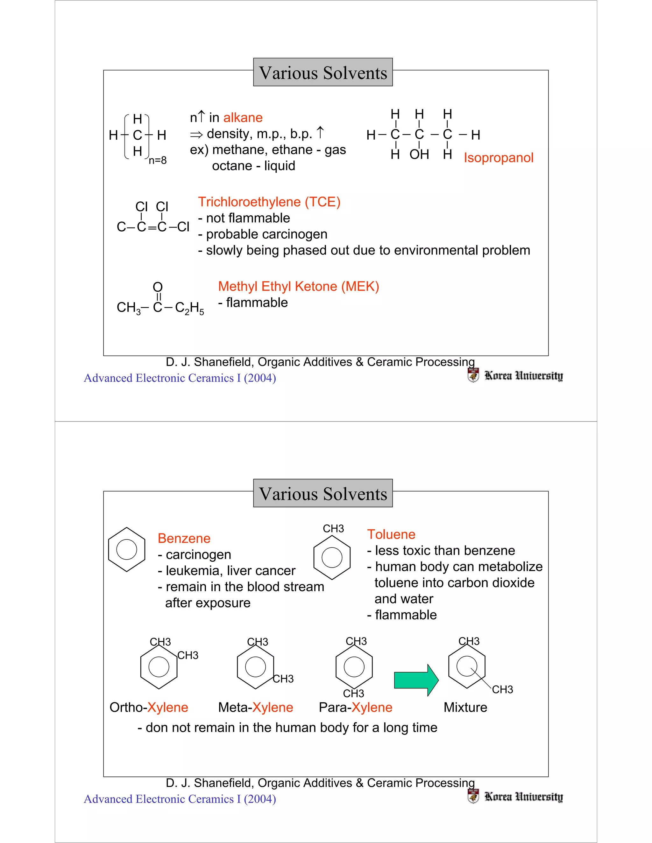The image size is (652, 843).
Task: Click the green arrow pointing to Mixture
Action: [x=415, y=680]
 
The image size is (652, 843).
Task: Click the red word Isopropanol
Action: [x=498, y=157]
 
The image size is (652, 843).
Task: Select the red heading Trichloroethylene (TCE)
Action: [x=269, y=202]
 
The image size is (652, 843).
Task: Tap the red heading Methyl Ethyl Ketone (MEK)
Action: [x=299, y=286]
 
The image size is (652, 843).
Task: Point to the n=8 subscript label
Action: [x=158, y=160]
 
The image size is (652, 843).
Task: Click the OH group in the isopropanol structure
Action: [x=419, y=154]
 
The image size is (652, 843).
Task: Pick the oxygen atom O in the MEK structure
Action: [x=158, y=287]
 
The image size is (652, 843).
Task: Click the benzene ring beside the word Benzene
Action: [x=127, y=549]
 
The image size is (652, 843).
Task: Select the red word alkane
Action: [x=243, y=117]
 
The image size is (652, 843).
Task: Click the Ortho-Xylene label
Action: [x=149, y=707]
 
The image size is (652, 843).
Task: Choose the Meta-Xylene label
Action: [x=255, y=707]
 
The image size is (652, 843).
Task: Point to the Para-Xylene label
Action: [x=355, y=707]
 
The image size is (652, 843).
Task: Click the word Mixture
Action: [x=465, y=707]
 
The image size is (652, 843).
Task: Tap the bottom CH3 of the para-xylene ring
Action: [x=353, y=693]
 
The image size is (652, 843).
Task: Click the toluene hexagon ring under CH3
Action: [x=332, y=557]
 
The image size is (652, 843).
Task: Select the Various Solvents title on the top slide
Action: [x=323, y=73]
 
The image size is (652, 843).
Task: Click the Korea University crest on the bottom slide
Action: [x=473, y=796]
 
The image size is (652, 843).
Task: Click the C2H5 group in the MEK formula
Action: [x=189, y=308]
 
